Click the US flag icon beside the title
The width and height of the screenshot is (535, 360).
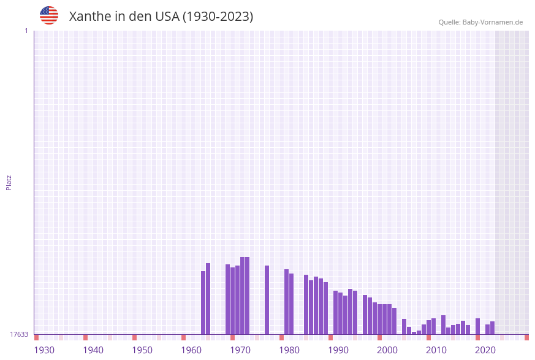coord(49,15)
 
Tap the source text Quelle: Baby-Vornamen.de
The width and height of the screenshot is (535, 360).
coord(480,22)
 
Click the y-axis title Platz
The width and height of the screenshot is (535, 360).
coord(9,182)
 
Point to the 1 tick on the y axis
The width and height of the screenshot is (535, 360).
coord(26,31)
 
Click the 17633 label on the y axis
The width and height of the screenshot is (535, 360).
coord(19,334)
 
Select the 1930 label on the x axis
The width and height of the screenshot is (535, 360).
coord(44,350)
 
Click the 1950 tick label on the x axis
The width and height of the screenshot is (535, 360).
coord(142,350)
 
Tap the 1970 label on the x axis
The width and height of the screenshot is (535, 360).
coord(240,350)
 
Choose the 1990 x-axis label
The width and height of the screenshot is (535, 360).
coord(338,350)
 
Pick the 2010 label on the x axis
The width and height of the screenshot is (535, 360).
coord(436,350)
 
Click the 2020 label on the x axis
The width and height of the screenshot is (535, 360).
coord(485,350)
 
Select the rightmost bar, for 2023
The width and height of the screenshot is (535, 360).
coord(492,328)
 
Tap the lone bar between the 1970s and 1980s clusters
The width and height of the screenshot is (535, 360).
coord(267,300)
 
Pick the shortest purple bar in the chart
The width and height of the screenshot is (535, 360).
coord(414,333)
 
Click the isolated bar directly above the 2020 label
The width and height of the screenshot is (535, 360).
coord(477,326)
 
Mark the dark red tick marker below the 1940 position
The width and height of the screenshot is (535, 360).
coord(85,337)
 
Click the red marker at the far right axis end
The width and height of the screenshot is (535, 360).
coord(526,337)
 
